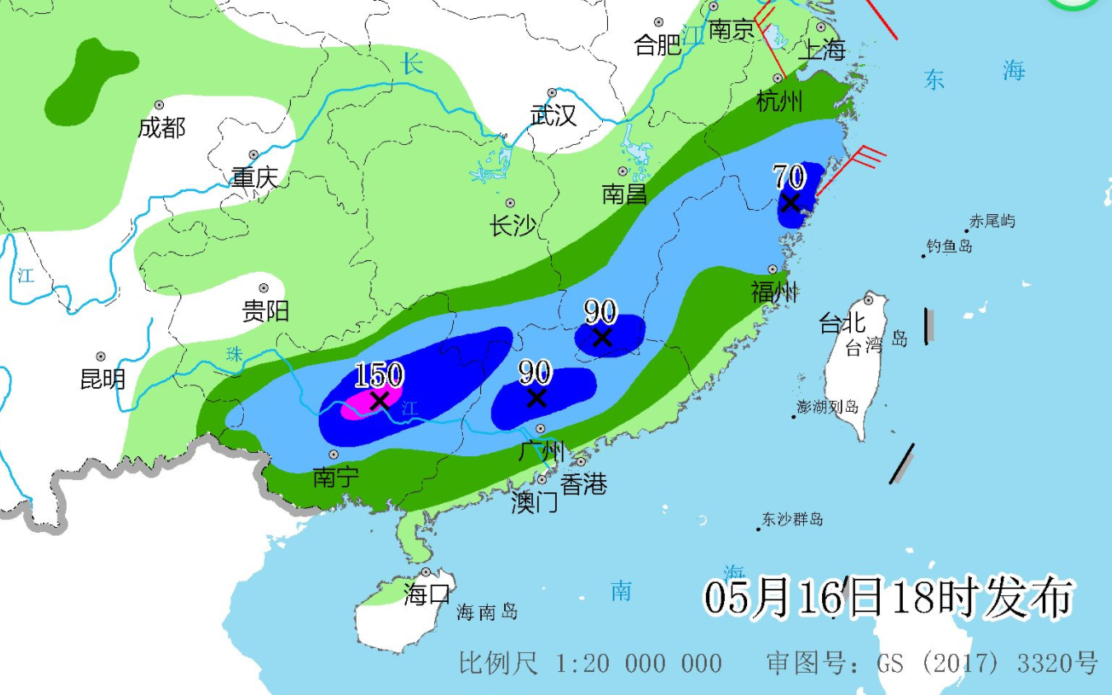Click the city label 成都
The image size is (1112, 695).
161,128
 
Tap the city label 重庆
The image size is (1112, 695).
255,177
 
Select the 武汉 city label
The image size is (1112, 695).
554,115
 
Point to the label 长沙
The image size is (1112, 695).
512,225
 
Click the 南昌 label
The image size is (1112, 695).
624,194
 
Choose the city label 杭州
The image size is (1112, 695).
779,101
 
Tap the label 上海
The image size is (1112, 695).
823,49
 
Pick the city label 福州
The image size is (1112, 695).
774,291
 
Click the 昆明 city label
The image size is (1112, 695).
103,379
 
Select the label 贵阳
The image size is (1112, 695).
265,310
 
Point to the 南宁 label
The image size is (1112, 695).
335,477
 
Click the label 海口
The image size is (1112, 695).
428,593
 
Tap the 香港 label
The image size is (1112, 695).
583,483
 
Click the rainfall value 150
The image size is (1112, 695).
379,375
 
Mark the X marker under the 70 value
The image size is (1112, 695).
791,201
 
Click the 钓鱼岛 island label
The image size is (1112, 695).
949,246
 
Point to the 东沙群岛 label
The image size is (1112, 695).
792,520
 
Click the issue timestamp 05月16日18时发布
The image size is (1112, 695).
888,597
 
